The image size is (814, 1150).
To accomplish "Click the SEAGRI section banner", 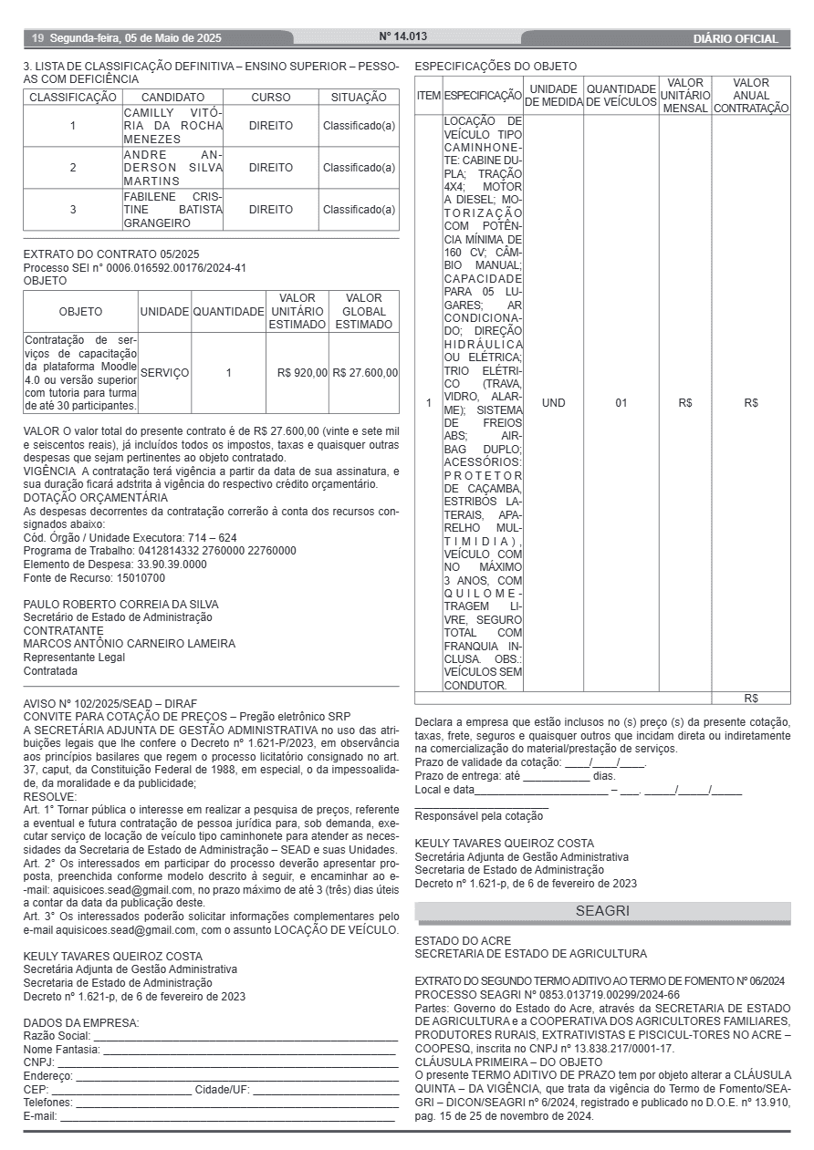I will point(602,911).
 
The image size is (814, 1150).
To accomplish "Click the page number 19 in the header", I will point(37,38).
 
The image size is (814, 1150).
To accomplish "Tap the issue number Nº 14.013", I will point(403,36).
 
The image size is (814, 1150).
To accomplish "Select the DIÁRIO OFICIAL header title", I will point(736,39).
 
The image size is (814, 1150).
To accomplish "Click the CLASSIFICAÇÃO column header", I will point(73,97).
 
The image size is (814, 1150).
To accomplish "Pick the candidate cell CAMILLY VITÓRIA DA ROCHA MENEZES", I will point(172,126).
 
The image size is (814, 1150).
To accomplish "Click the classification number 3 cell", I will point(73,209).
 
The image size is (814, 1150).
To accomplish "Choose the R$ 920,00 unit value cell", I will point(302,372).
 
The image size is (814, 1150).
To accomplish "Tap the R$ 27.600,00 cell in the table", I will point(365,372).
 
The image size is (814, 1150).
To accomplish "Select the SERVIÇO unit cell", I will point(165,372).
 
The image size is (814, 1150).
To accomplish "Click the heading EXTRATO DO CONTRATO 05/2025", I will point(111,254).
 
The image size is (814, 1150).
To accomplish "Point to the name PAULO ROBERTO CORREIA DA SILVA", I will point(120,604).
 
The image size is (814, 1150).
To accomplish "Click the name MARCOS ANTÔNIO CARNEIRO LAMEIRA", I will point(129,644).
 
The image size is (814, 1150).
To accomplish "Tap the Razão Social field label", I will point(57,1036).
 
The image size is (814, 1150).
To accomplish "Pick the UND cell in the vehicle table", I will point(554,402).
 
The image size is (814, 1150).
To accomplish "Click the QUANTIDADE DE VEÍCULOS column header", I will point(621,95).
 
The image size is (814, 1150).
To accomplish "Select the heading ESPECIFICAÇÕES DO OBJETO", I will point(496,67).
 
